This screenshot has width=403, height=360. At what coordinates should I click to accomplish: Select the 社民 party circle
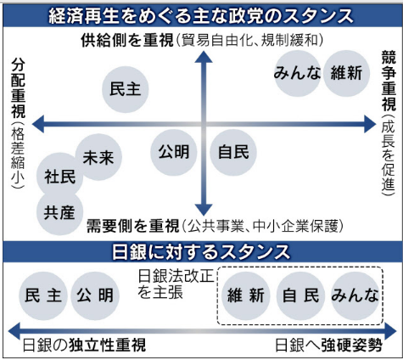[60, 177]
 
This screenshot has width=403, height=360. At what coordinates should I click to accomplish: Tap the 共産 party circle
[60, 212]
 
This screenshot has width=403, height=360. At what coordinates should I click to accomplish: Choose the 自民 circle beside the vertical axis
[232, 152]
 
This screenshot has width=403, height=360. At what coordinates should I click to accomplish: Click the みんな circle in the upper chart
[297, 73]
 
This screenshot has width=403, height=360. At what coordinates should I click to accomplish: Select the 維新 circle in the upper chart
[346, 73]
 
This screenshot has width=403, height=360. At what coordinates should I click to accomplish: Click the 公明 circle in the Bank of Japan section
[93, 296]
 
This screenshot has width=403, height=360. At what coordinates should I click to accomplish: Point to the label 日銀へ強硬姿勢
[327, 346]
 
